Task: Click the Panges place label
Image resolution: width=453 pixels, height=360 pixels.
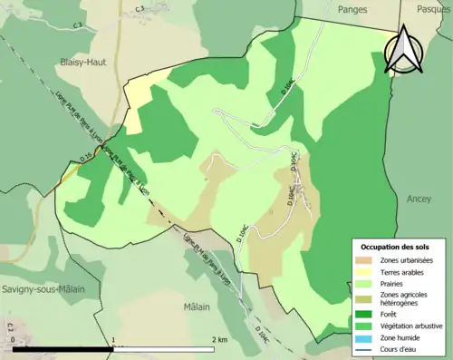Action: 353,8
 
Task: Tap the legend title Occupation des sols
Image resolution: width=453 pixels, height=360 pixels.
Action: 396,246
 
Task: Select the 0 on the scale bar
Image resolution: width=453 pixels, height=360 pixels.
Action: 14,339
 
